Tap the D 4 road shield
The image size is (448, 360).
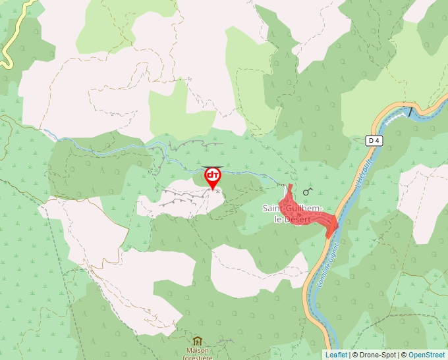point(374,140)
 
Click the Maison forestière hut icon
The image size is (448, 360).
point(197,341)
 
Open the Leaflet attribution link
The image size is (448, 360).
point(335,355)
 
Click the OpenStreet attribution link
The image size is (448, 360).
point(426,355)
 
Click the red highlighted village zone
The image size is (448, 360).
point(304,213)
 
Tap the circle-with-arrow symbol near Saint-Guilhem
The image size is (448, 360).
point(307,192)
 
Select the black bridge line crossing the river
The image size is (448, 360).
point(412,111)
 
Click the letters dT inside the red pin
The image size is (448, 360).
point(213,175)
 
